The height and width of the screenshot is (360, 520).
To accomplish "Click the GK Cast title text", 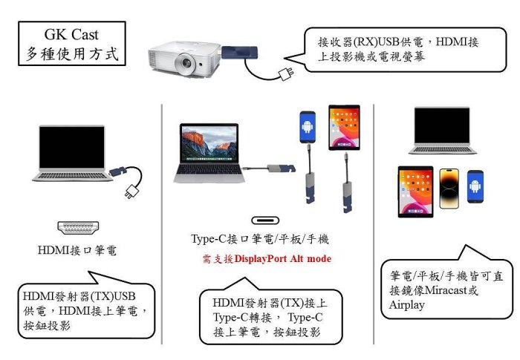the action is click(71, 34).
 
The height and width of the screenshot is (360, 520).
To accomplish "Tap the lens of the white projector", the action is click(185, 62).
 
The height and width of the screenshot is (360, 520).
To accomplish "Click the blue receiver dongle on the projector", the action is click(239, 53).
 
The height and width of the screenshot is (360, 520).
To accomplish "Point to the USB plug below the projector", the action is click(286, 73).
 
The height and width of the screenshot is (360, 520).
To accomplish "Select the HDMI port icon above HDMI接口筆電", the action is click(78, 227).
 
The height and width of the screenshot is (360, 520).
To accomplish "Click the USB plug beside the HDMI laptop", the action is click(133, 192).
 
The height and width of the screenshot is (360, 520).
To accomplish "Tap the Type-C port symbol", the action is click(265, 220).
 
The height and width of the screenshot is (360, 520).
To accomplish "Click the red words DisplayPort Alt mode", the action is click(282, 258).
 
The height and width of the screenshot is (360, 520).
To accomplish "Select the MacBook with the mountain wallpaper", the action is click(209, 153).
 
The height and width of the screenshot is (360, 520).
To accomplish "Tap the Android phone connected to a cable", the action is click(308, 127).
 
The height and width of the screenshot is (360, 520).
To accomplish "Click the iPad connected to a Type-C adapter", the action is click(344, 128).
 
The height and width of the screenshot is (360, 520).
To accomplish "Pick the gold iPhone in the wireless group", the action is click(449, 189).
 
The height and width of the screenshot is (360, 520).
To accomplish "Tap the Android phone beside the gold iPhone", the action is click(475, 186).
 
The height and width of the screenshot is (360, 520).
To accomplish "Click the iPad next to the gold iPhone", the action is click(415, 192).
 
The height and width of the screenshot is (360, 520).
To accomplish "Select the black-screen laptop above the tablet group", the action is click(443, 131).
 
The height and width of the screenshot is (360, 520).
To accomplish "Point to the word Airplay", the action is click(407, 305).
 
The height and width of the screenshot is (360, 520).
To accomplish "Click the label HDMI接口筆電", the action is click(77, 250).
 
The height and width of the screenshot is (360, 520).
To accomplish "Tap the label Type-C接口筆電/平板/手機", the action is click(260, 239).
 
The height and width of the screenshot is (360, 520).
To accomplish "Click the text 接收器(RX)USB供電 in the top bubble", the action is click(371, 42).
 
